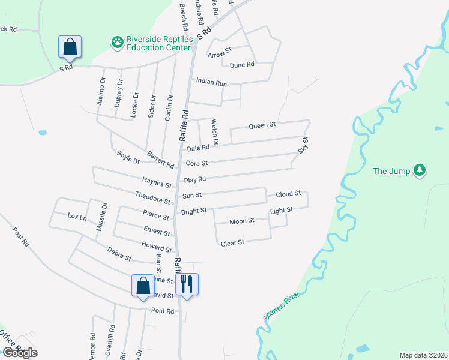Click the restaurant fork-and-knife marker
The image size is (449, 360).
187,284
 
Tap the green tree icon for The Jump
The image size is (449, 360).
420,171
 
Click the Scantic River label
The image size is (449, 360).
281,306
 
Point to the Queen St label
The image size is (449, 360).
262,125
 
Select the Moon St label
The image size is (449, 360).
242,221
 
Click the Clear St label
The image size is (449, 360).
232,243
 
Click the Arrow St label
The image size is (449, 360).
219,55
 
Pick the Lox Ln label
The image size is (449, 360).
77,215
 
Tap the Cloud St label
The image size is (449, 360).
288,194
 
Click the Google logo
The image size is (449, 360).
19,353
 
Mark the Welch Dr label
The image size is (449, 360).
214,132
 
